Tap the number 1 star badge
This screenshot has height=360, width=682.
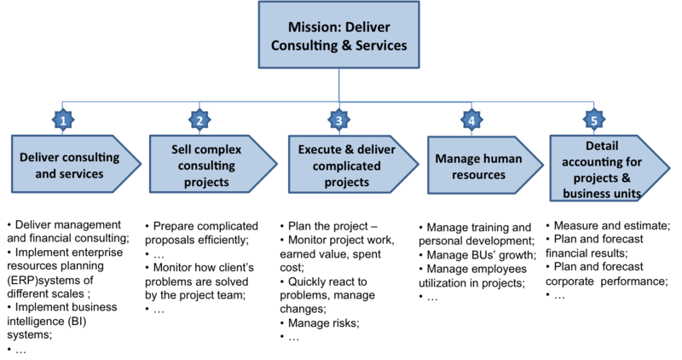coord(62,120)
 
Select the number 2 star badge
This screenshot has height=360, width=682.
coord(199,120)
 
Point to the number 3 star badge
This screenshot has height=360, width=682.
coord(338,120)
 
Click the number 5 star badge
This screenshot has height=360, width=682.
coord(595,120)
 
